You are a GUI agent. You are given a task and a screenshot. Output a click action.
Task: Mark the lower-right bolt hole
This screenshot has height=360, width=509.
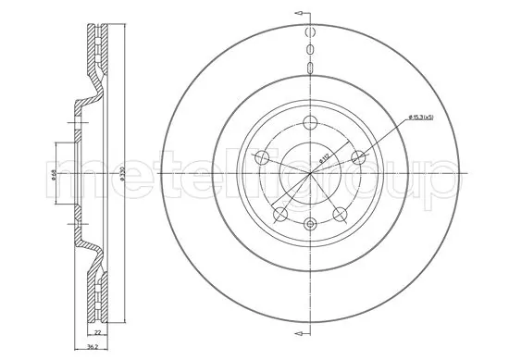pos(338,215)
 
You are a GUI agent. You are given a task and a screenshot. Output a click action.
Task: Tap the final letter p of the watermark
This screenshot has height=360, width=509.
pos(441,183)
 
